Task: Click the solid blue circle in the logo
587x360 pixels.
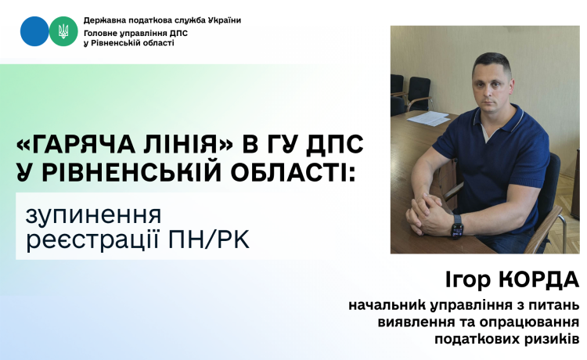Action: (34, 31)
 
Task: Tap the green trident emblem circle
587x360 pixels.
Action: (63, 31)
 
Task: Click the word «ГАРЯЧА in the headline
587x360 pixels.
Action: (75, 144)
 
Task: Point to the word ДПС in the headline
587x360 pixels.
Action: (334, 144)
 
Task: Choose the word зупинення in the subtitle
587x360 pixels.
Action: (94, 216)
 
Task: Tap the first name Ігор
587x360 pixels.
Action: (468, 281)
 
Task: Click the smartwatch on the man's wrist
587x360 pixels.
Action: (457, 226)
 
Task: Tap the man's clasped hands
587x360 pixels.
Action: (429, 214)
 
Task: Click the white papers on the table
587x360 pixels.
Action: (428, 119)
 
